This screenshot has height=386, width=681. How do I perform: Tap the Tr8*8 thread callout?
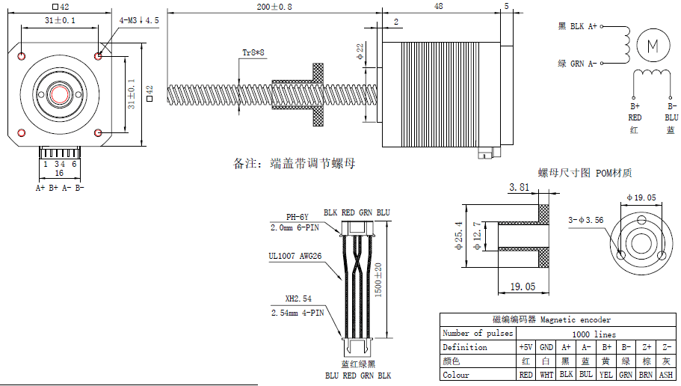coord(253,52)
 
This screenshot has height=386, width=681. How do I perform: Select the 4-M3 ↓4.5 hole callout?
coord(139,20)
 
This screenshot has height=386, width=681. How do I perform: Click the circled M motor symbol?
coord(653,45)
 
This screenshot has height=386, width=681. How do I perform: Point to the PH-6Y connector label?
coord(298,216)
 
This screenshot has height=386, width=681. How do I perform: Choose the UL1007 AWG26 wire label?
coord(295,256)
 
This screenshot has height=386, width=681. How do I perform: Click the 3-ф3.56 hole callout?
coord(586,220)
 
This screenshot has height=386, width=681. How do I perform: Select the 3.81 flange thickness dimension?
coord(520,187)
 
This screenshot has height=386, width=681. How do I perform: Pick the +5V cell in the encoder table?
coord(526,347)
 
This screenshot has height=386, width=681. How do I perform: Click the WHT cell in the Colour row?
coord(546,375)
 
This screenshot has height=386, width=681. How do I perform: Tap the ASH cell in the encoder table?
coord(666,375)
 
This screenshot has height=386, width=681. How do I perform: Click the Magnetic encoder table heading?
coord(557,319)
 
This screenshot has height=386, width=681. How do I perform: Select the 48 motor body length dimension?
coord(438,6)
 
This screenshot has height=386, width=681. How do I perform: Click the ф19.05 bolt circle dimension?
coord(641,197)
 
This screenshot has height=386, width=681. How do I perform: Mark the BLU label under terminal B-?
coord(671,117)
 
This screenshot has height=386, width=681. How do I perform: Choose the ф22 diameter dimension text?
coord(360,51)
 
